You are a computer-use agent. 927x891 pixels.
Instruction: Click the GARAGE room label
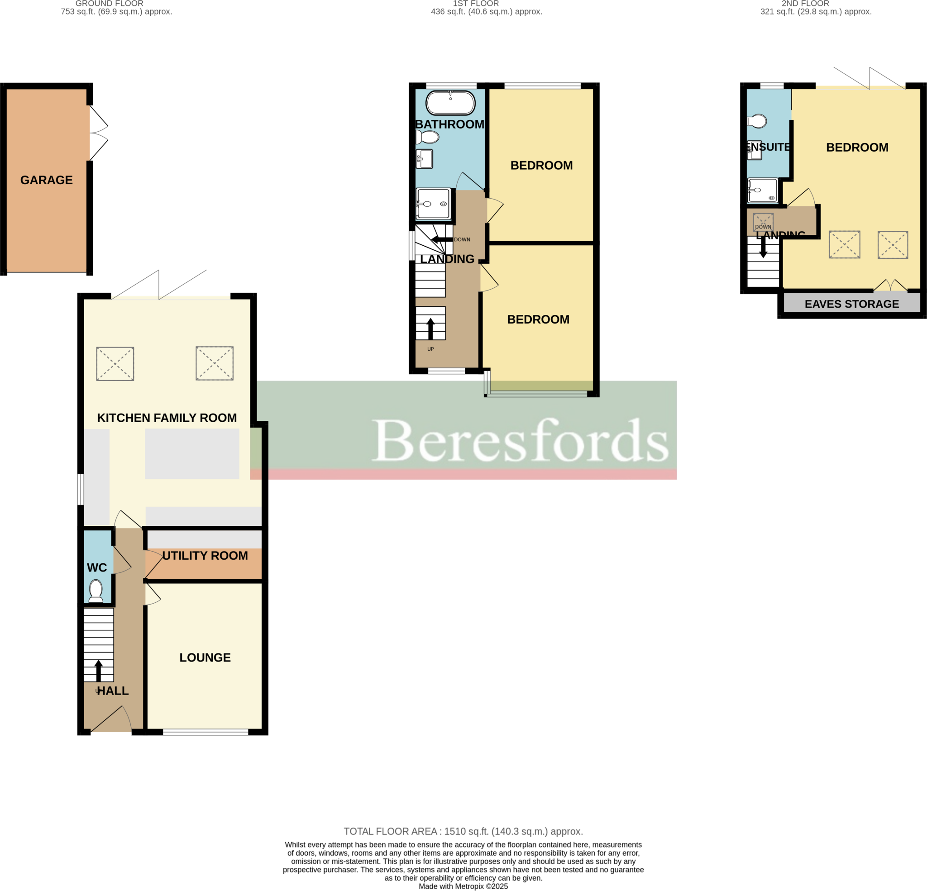click(46, 180)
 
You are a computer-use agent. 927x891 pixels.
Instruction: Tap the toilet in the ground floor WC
click(96, 591)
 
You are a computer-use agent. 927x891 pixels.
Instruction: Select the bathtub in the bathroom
click(450, 103)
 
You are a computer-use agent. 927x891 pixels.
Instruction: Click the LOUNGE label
click(205, 658)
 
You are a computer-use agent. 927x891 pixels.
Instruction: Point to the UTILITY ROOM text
click(205, 556)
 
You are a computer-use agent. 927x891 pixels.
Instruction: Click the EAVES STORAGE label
click(851, 304)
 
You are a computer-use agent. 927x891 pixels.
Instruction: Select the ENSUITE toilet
click(757, 122)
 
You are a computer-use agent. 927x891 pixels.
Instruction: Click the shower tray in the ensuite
click(762, 191)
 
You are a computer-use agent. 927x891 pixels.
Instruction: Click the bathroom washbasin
click(424, 159)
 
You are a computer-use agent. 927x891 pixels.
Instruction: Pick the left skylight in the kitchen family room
click(115, 364)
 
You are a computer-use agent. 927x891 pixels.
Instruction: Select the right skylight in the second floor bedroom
click(893, 244)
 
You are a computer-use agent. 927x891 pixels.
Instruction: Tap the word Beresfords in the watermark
click(520, 440)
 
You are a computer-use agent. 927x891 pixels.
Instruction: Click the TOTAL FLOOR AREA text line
click(463, 831)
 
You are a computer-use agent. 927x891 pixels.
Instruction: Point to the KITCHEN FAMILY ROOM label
click(167, 418)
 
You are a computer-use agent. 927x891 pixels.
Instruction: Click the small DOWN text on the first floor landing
click(462, 240)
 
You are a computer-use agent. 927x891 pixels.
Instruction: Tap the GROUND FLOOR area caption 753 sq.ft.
click(116, 12)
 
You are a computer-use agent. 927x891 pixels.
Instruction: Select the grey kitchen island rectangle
click(192, 453)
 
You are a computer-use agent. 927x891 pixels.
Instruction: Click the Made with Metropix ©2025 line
click(463, 886)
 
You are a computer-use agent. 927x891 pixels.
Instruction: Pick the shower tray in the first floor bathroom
click(433, 204)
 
